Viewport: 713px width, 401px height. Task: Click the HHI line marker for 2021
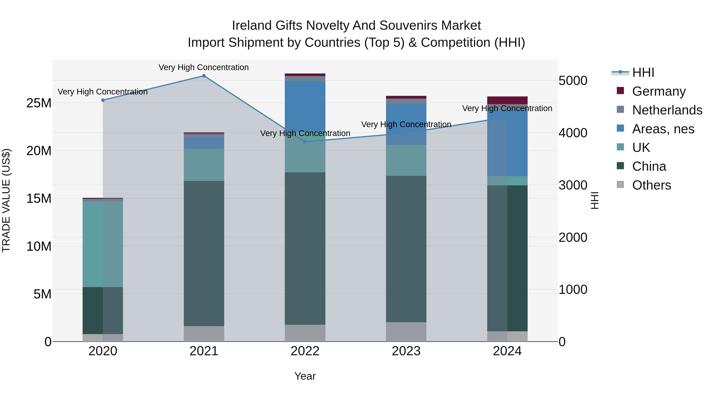tap(204, 76)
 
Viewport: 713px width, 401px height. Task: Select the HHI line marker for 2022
tap(305, 142)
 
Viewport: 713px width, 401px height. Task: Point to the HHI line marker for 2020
tap(103, 100)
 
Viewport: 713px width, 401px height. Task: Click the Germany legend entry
tap(659, 91)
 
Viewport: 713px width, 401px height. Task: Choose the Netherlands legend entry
tap(667, 110)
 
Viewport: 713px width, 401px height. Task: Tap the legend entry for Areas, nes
tap(663, 129)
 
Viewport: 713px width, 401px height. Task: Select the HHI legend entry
tap(643, 72)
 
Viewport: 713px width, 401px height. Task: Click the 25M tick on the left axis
tap(39, 103)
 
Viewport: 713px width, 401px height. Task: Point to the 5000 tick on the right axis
tap(573, 81)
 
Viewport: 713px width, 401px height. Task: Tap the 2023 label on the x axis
tap(406, 351)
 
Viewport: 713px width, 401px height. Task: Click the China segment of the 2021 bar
tap(204, 253)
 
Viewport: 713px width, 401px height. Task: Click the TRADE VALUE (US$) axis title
tap(6, 200)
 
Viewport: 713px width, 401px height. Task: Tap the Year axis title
tap(305, 376)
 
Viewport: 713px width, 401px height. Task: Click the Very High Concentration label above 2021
tap(203, 67)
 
